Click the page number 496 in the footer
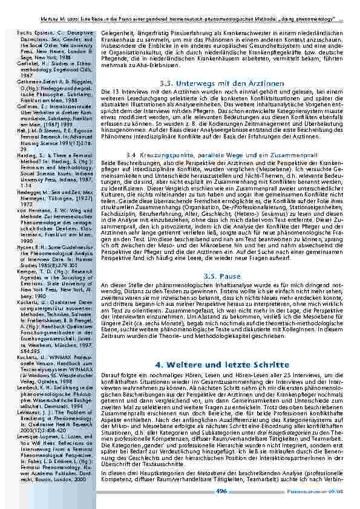click(221, 491)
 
